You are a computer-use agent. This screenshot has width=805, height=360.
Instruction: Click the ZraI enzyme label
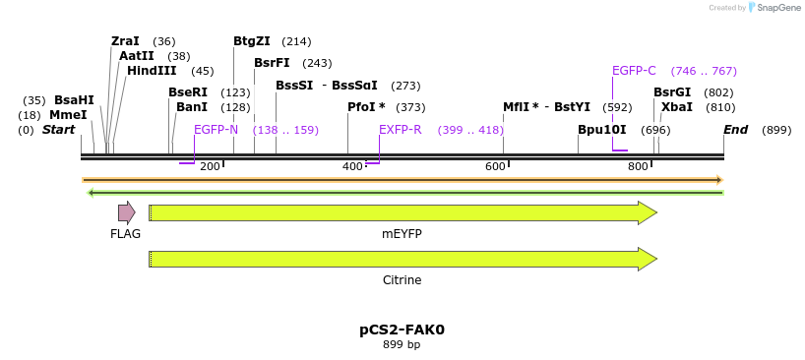pos(125,41)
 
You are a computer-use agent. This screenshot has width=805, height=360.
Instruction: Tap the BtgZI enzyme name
pos(251,41)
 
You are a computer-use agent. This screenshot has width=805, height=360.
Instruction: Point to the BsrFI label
pos(272,63)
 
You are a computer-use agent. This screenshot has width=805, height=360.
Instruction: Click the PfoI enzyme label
pos(366,107)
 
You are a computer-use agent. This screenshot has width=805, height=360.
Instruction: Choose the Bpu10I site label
pos(601,130)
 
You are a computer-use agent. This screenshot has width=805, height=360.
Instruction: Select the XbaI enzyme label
pos(677,107)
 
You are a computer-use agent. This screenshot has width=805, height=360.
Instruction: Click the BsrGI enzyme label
pos(672,92)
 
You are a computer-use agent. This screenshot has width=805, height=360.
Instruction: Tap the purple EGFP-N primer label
pos(216,130)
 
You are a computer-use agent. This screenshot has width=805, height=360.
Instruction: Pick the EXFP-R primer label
pos(400,130)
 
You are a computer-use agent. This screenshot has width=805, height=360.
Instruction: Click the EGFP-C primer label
pos(634,71)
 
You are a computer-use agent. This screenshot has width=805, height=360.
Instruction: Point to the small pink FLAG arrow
pos(126,212)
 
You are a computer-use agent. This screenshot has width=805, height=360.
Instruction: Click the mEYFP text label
pos(402,234)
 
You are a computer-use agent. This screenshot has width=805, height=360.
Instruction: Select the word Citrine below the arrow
pos(402,280)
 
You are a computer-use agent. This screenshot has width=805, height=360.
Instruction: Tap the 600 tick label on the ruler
pos(495,167)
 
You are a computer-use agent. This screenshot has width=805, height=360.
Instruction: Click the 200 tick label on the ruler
pos(210,167)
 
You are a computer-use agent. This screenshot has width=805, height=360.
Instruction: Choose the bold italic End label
pos(735,130)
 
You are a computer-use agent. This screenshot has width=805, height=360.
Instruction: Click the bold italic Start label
pos(59,130)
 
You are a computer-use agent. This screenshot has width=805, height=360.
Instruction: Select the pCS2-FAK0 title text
pos(402,330)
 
